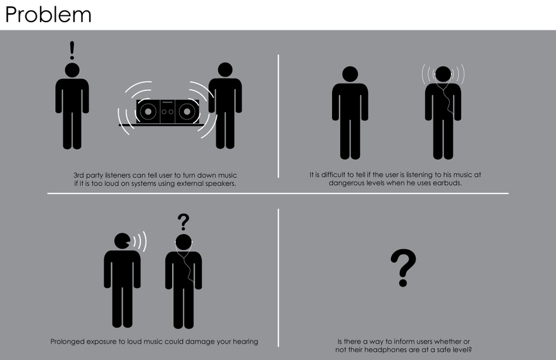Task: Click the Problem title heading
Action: click(x=48, y=15)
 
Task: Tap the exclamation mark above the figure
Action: click(x=72, y=50)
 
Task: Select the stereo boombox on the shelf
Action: click(x=168, y=111)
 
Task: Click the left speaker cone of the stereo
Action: click(x=148, y=112)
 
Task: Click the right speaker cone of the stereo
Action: click(x=187, y=112)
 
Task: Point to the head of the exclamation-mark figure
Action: click(x=72, y=70)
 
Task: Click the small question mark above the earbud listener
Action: click(x=183, y=221)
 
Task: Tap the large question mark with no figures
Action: click(x=403, y=268)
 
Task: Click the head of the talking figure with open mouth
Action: click(x=122, y=241)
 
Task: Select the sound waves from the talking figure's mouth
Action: click(x=140, y=241)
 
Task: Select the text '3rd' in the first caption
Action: click(x=78, y=175)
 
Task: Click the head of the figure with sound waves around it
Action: click(x=443, y=74)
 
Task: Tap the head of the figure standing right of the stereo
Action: click(x=225, y=70)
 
